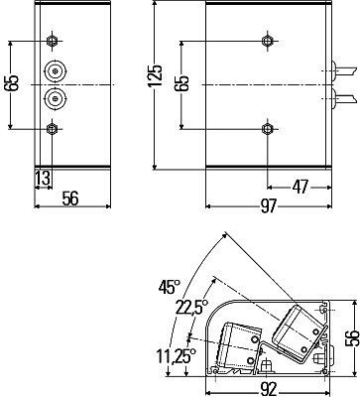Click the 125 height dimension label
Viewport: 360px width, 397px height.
click(x=156, y=75)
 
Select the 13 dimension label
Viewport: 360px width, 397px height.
click(x=44, y=179)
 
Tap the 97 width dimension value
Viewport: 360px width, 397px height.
click(x=268, y=206)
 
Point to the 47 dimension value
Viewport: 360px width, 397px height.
click(x=300, y=188)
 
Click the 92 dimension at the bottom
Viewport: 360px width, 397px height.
click(x=268, y=390)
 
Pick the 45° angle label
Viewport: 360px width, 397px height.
click(x=169, y=287)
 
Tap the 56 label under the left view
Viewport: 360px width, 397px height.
click(x=70, y=198)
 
